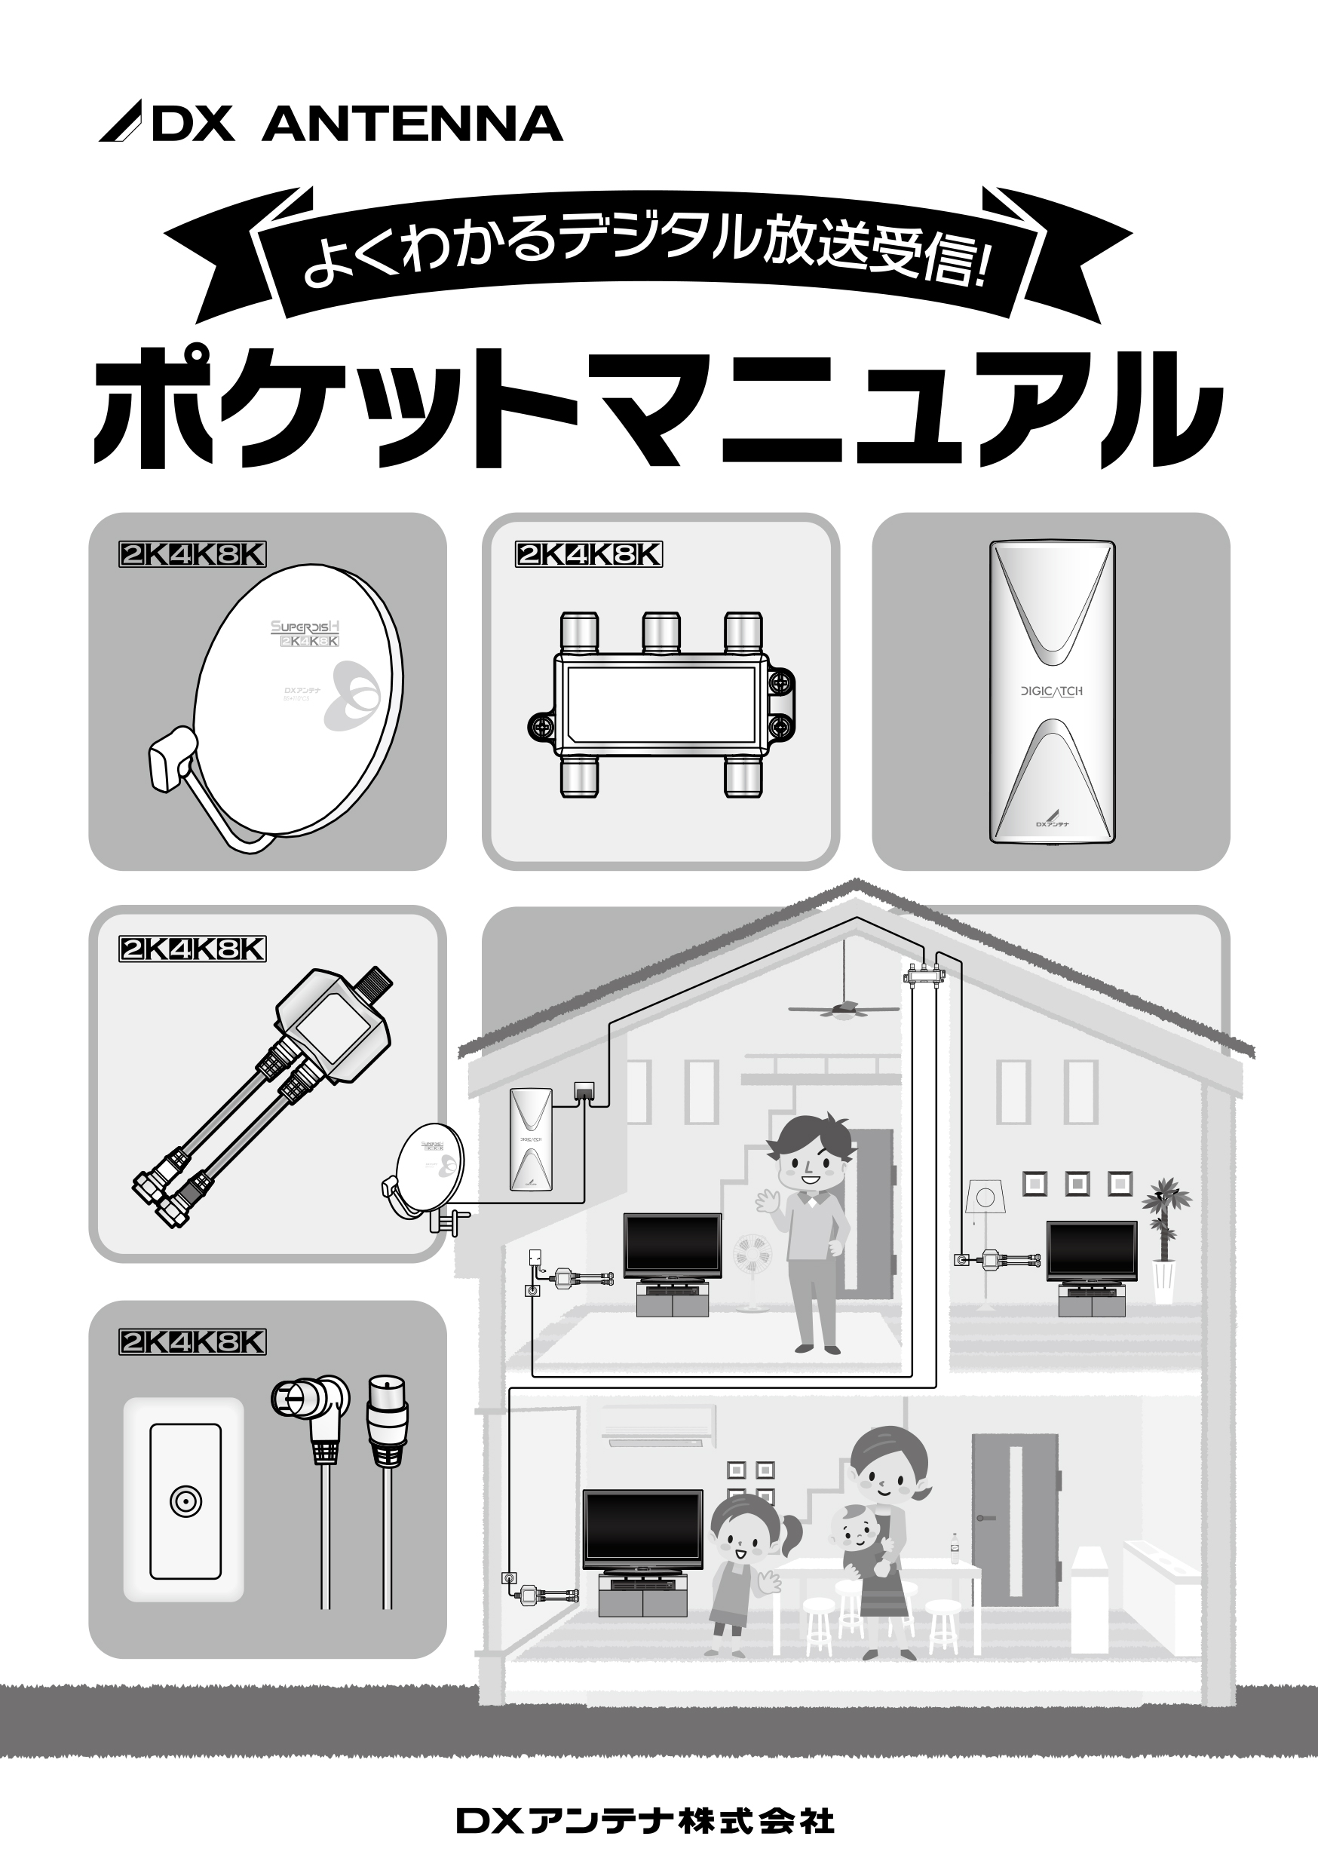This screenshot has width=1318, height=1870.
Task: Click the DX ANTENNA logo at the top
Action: click(x=330, y=124)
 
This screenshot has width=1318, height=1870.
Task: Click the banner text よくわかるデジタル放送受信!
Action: click(x=648, y=248)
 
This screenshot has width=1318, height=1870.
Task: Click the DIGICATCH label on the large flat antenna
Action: click(x=1052, y=691)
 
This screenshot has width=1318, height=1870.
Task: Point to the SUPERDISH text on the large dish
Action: click(x=305, y=627)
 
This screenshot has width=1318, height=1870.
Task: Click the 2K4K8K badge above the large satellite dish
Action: click(x=192, y=555)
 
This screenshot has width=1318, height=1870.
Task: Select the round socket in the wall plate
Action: click(x=185, y=1502)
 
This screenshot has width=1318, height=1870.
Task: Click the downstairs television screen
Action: click(x=642, y=1523)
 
